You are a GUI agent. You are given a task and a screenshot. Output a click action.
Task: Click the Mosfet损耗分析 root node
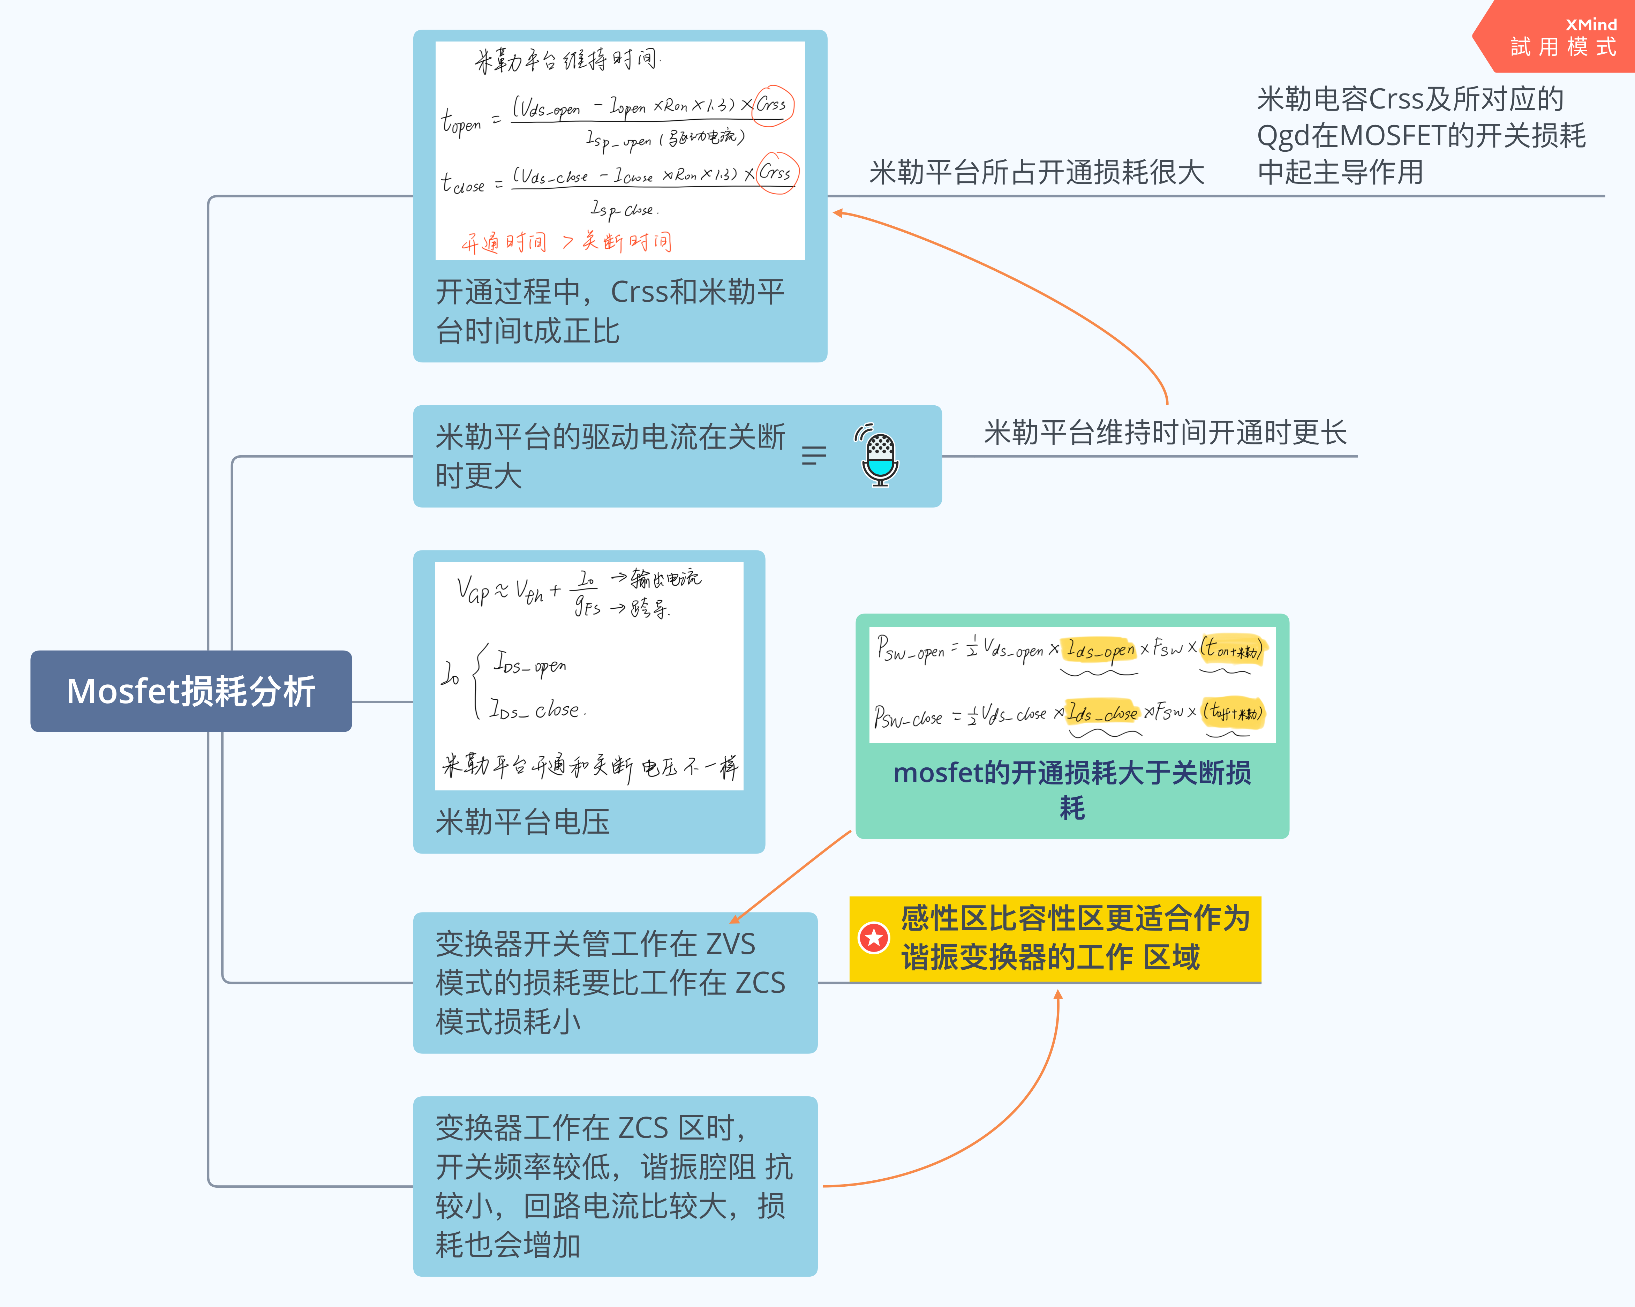click(191, 691)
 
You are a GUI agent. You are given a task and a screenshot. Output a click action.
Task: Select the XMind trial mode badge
click(1562, 36)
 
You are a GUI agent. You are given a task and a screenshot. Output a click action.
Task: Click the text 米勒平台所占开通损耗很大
click(1037, 172)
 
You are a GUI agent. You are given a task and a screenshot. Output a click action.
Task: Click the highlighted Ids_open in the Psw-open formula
click(1100, 649)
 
